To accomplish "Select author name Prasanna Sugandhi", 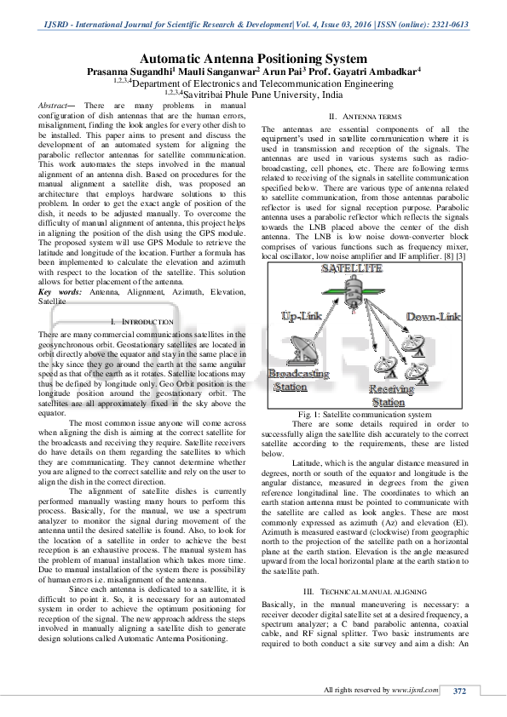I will [x=138, y=73].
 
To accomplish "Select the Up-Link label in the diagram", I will [x=301, y=316].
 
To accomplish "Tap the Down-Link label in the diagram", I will [x=433, y=317].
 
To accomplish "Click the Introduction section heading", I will [x=142, y=322].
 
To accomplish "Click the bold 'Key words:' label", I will [x=60, y=292].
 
